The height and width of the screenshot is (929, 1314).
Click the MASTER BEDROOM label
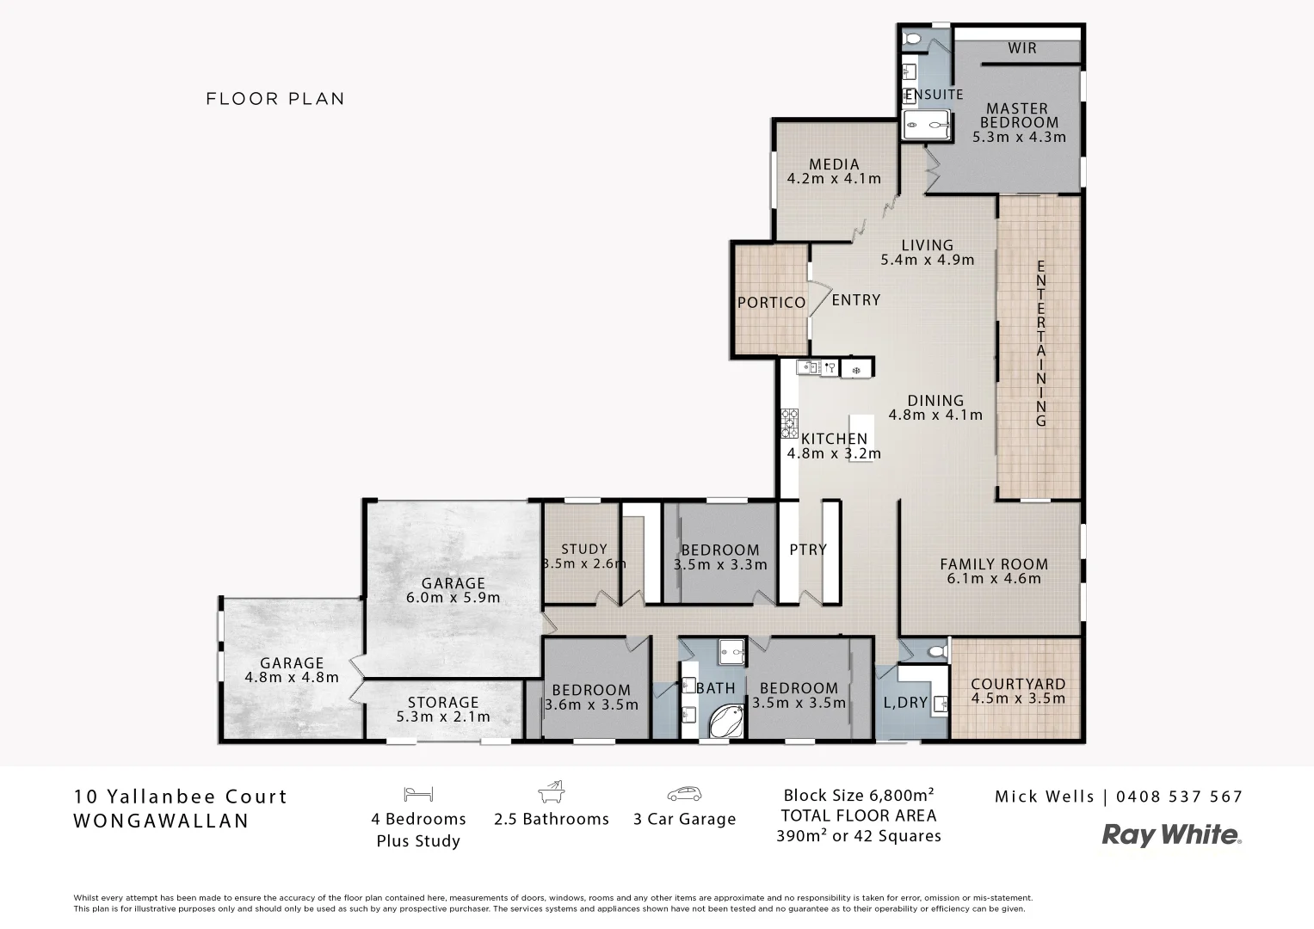click(1017, 115)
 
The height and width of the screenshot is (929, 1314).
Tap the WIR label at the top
click(1021, 48)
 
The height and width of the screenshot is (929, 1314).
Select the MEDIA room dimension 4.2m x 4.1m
click(834, 179)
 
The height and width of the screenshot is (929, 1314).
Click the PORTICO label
click(771, 303)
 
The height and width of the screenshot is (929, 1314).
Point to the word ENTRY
click(855, 299)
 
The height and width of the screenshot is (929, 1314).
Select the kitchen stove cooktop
click(789, 423)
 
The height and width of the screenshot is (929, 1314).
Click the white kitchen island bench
click(861, 438)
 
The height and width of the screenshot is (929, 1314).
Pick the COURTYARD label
click(1017, 685)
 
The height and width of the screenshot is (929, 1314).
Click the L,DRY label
click(905, 703)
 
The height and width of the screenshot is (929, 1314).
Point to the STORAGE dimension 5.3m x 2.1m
click(443, 717)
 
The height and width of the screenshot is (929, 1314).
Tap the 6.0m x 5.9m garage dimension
click(453, 597)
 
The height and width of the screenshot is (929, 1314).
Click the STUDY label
click(584, 549)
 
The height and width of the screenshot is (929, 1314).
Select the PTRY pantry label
click(807, 550)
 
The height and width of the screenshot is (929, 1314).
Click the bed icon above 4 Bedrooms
click(418, 793)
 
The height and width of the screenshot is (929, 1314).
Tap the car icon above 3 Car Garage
click(684, 793)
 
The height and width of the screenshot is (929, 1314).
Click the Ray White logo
click(1171, 834)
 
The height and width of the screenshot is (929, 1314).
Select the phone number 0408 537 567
click(1179, 797)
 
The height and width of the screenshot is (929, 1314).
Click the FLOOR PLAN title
click(275, 99)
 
